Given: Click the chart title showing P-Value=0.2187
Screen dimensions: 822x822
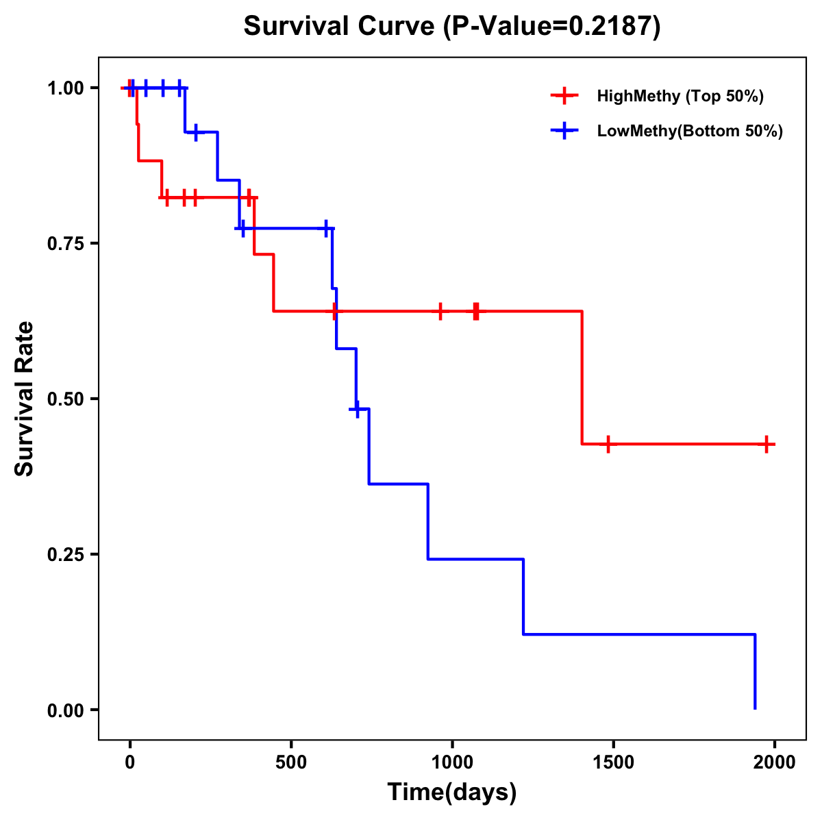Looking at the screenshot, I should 452,27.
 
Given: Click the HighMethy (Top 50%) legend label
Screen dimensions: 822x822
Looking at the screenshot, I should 680,96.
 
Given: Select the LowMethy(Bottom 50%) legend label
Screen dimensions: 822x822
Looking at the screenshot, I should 690,131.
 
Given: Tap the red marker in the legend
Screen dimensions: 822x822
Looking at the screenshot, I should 564,96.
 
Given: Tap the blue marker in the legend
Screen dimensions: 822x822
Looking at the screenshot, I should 564,131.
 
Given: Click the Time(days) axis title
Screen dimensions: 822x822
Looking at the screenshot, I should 452,793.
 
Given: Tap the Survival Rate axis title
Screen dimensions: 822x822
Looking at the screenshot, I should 25,399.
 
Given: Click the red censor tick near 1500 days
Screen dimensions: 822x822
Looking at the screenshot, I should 608,444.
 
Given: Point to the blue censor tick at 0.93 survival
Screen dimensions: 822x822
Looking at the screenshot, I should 197,132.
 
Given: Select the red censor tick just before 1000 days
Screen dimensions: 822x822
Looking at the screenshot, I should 440,311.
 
